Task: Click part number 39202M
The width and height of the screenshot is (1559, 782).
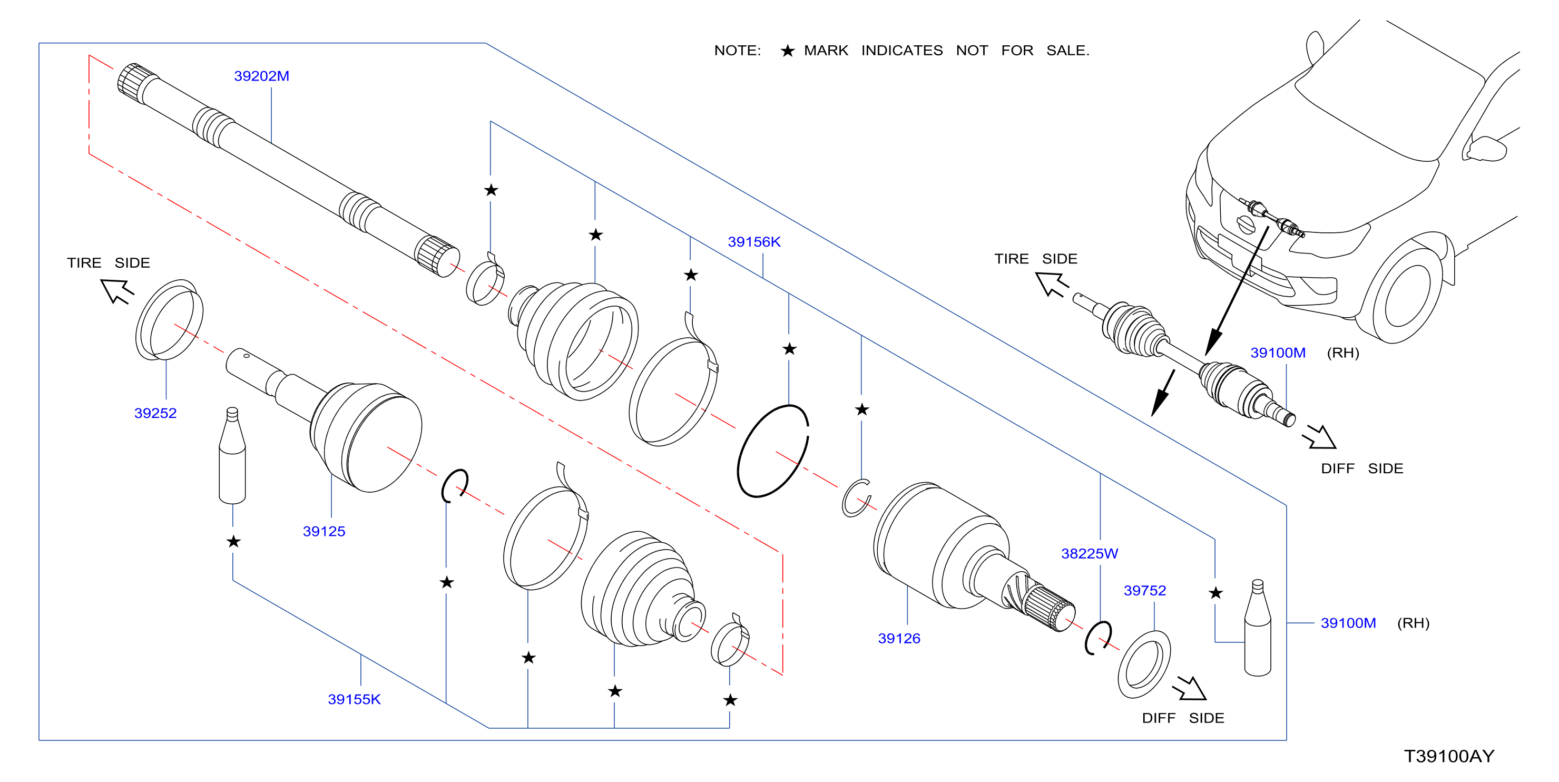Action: (261, 76)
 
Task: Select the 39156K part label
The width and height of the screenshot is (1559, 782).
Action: (754, 242)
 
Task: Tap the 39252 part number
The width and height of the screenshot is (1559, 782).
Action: (155, 413)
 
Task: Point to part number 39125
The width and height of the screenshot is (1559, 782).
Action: (324, 531)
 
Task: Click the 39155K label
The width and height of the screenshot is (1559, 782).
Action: (354, 700)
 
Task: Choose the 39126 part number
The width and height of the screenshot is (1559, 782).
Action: (899, 639)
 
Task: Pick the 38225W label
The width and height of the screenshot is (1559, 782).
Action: (1090, 554)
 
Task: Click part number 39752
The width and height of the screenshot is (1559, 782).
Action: (1144, 591)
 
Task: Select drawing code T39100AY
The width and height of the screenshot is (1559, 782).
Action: (1449, 757)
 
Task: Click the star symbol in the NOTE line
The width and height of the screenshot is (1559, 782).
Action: (787, 51)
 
